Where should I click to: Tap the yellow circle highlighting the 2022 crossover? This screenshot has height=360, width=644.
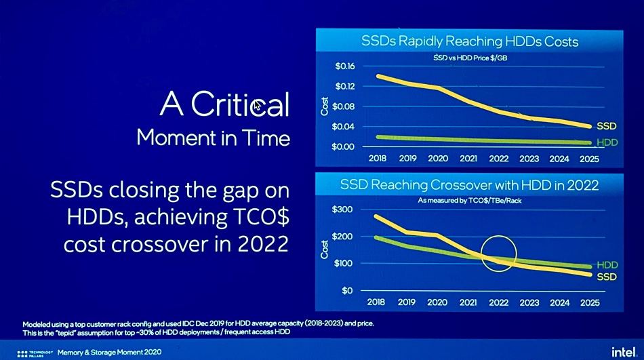click(x=499, y=253)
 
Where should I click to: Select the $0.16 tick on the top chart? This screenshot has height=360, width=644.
click(x=345, y=66)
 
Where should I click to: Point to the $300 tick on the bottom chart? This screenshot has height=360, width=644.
click(x=342, y=210)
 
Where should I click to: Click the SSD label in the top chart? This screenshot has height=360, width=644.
click(x=606, y=126)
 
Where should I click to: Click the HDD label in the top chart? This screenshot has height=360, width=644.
click(x=606, y=143)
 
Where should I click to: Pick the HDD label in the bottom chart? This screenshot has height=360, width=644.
click(x=607, y=265)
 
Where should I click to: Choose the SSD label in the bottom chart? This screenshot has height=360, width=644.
click(x=607, y=277)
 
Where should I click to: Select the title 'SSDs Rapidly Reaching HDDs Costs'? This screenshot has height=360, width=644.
click(x=470, y=42)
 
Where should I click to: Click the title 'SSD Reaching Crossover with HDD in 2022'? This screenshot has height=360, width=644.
click(x=470, y=184)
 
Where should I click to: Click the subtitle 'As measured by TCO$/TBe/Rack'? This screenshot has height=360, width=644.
click(x=470, y=201)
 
